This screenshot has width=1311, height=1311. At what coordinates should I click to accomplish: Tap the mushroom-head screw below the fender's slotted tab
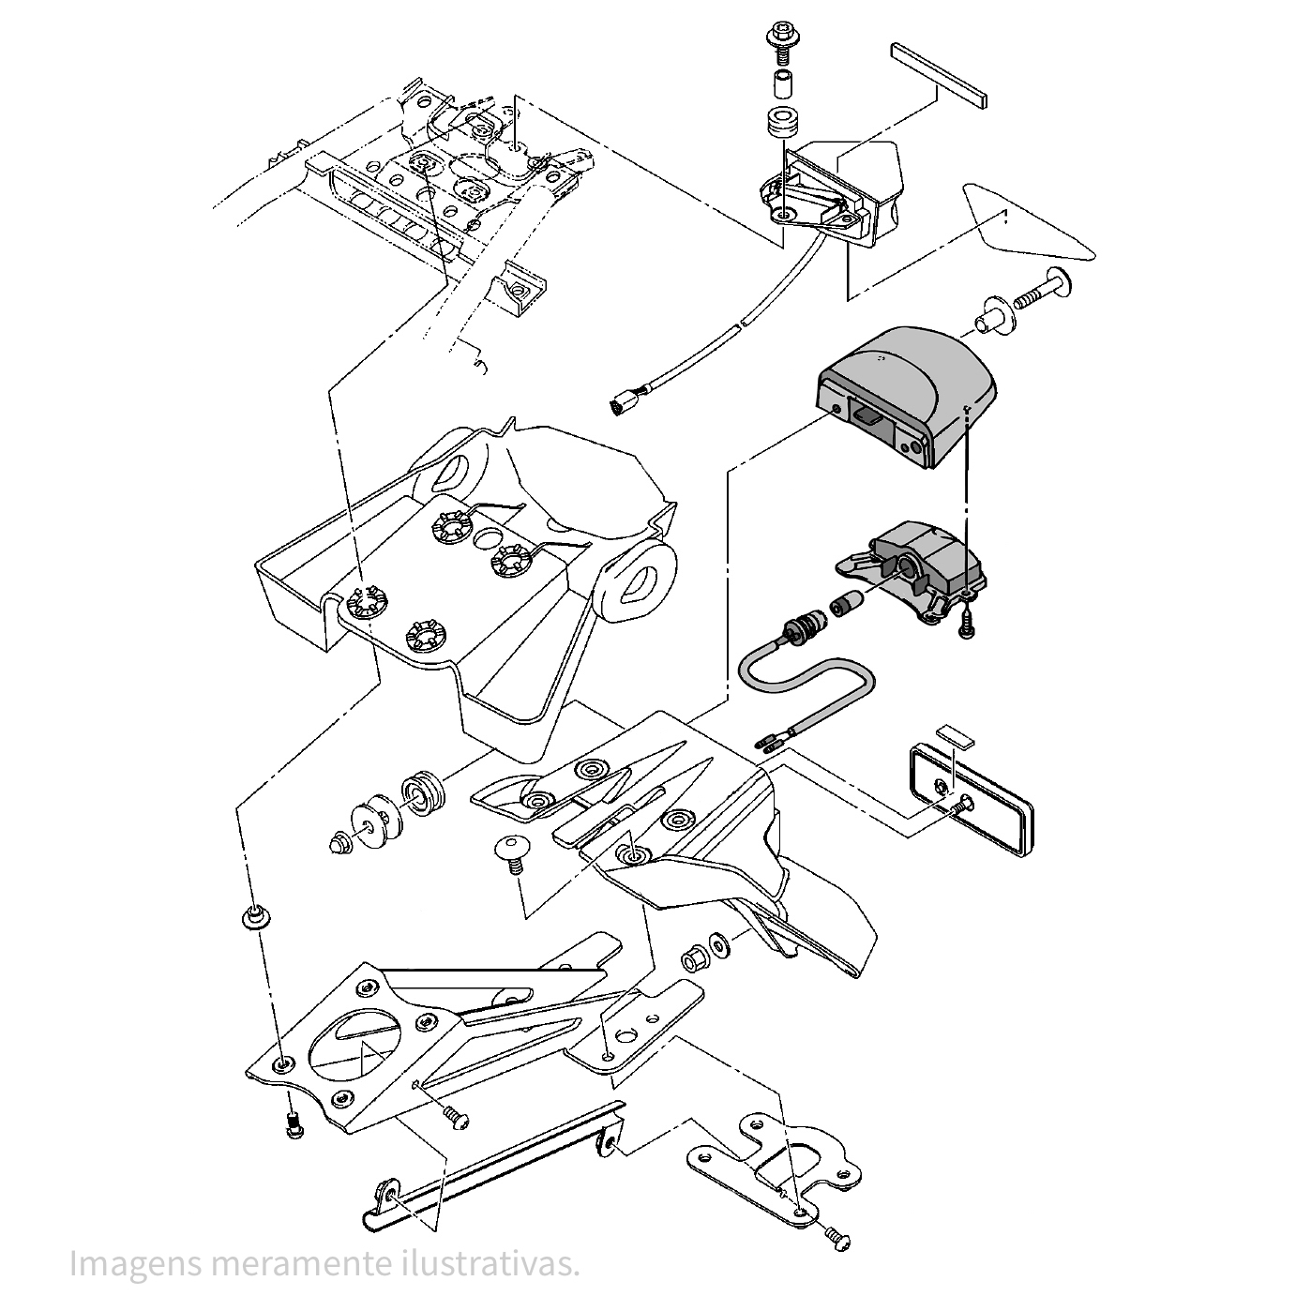[x=512, y=852]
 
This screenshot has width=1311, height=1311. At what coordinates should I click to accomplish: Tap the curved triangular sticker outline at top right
[x=1027, y=225]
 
